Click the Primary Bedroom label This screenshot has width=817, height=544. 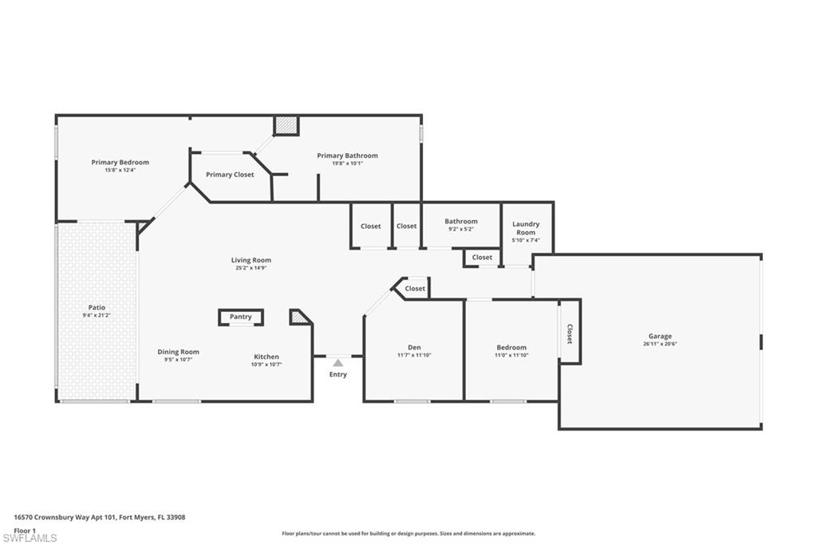click(120, 163)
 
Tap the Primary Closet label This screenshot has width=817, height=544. click(230, 175)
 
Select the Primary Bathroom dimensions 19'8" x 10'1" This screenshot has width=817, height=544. click(347, 164)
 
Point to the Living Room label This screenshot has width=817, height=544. click(251, 260)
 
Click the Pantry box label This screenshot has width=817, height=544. click(240, 317)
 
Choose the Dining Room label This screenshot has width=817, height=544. click(178, 352)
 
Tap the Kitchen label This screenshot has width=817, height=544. click(266, 357)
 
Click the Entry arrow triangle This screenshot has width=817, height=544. click(337, 363)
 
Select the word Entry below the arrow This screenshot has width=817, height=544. click(338, 375)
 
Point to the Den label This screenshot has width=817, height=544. click(414, 347)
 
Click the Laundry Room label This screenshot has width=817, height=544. click(526, 228)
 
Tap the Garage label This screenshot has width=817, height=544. click(660, 337)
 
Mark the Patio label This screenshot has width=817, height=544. click(97, 307)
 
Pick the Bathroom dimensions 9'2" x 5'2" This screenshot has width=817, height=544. click(461, 229)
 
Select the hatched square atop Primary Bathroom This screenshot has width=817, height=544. click(286, 125)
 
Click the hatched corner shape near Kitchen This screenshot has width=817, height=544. click(299, 317)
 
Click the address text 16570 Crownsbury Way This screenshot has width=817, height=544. click(64, 517)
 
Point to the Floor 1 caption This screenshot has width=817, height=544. click(26, 530)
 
